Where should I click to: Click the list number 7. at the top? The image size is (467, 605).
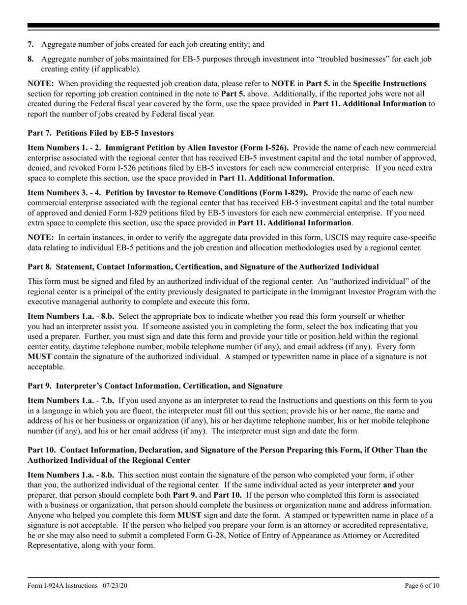(30, 44)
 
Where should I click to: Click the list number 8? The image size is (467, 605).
(30, 59)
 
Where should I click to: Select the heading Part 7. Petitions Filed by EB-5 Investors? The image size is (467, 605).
(100, 133)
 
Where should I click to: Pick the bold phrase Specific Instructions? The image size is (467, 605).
(389, 84)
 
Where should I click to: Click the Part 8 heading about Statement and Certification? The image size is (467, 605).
(203, 267)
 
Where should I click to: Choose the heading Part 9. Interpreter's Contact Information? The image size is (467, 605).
(155, 386)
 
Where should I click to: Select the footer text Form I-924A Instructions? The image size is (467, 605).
(62, 585)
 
